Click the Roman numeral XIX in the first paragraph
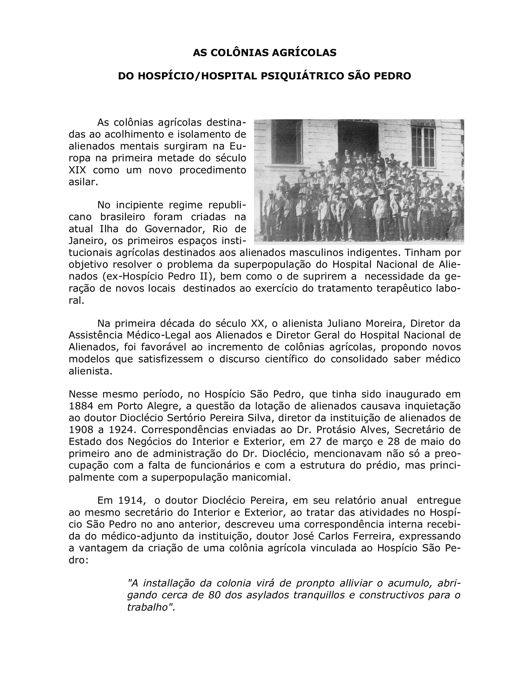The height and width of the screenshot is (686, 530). [x=77, y=170]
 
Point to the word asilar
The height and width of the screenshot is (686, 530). [x=83, y=182]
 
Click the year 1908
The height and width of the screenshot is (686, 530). [x=81, y=429]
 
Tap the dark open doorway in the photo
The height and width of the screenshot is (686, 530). [x=357, y=138]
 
